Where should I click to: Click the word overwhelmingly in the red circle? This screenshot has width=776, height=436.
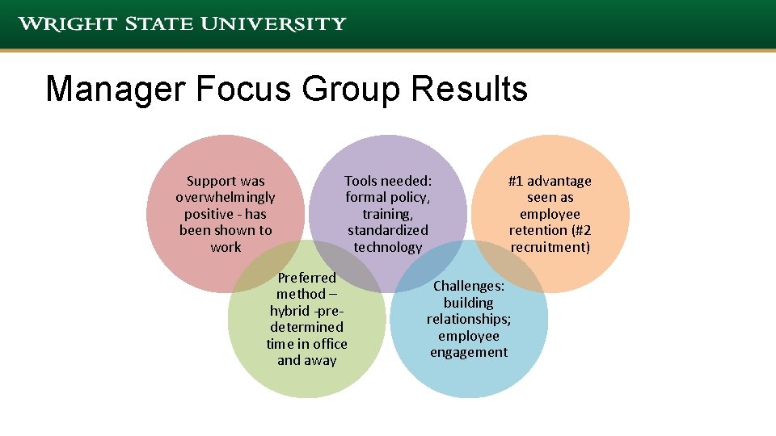[226, 197]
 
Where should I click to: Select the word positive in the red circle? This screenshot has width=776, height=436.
[211, 214]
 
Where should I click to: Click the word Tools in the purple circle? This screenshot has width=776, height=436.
[362, 181]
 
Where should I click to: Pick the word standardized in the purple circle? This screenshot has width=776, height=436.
[388, 230]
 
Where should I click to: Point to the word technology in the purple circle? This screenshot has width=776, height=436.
[388, 247]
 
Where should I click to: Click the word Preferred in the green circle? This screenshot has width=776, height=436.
[306, 278]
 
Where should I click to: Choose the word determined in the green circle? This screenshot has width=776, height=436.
[306, 327]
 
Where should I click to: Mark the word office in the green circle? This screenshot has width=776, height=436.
[330, 344]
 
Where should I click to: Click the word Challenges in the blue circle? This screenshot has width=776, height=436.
[469, 286]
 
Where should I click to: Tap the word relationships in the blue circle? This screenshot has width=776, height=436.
[468, 319]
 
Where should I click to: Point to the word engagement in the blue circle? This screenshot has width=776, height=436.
[469, 352]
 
